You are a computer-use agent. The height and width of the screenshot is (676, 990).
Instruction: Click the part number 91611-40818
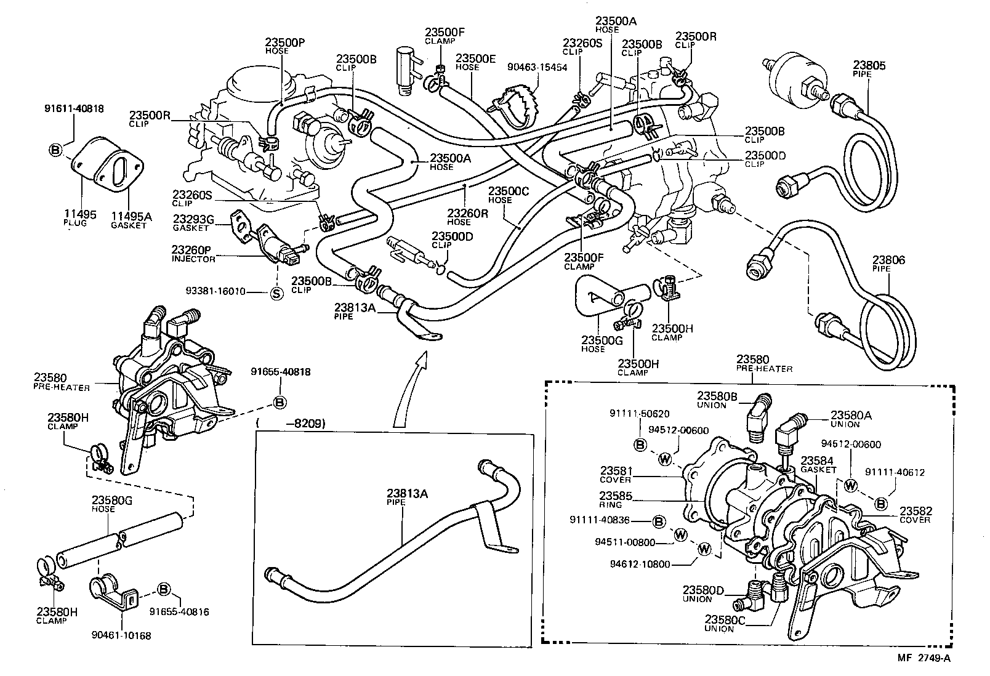74,109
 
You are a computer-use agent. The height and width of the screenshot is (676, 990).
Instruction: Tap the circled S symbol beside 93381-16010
276,294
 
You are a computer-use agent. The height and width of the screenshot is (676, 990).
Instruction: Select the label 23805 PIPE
869,68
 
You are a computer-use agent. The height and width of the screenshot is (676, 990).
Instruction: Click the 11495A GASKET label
131,220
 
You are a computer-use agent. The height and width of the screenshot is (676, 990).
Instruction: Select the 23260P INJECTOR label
193,254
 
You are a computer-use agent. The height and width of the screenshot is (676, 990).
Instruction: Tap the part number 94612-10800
640,563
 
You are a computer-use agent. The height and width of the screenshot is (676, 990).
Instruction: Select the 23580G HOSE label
112,504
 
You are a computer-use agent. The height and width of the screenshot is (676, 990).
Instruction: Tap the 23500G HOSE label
602,343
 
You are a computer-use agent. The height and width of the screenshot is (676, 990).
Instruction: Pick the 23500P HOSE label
286,46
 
